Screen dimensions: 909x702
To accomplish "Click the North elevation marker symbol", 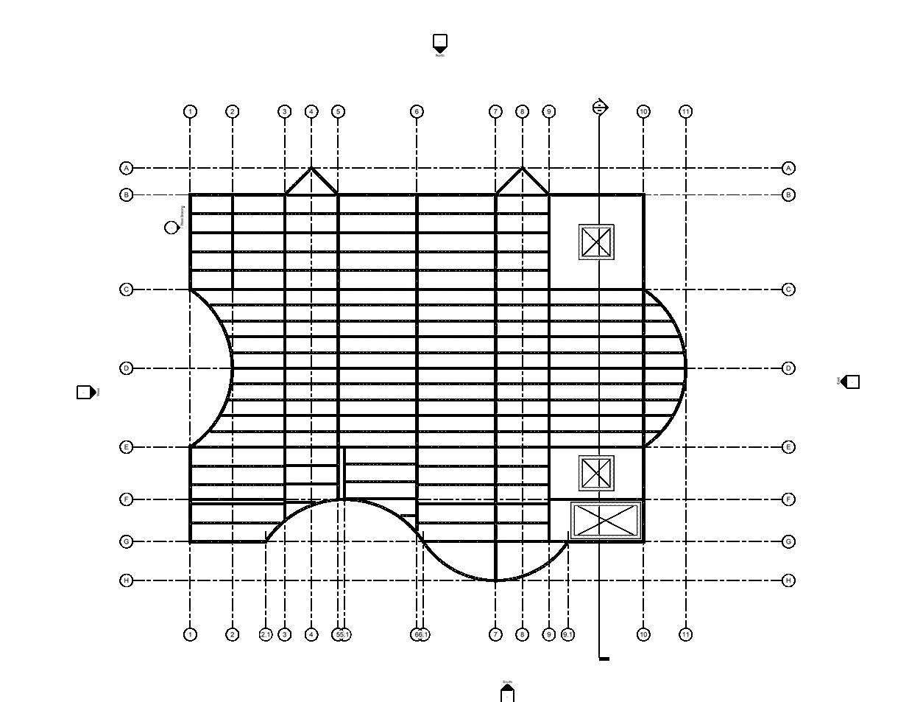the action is tap(440, 43).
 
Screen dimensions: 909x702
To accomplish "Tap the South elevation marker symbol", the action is tap(507, 693).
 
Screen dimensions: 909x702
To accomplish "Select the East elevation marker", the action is tap(851, 382).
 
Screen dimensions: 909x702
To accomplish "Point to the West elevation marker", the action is tap(85, 392).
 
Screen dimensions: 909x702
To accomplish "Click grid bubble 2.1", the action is tap(266, 634).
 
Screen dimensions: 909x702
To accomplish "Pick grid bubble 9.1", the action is tap(567, 634).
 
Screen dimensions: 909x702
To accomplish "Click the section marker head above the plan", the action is tap(600, 108).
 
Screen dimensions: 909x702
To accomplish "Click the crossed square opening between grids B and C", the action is tap(596, 242).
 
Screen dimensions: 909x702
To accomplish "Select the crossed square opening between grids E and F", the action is tap(596, 473).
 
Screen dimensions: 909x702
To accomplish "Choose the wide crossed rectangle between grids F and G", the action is tap(606, 521).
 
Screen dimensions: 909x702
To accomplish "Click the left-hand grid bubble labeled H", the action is tap(127, 580).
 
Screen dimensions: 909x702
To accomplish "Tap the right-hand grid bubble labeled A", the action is tap(788, 168).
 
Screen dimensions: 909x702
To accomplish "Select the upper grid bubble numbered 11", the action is tap(686, 112).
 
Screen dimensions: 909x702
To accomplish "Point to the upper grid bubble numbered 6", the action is tap(417, 112).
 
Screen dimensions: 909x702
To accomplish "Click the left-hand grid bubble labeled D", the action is tap(127, 368).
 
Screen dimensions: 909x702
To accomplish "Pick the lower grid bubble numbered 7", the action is tap(495, 634).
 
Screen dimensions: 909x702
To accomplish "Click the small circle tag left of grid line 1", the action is tap(171, 228).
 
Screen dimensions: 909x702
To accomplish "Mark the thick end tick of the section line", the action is tap(604, 659).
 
